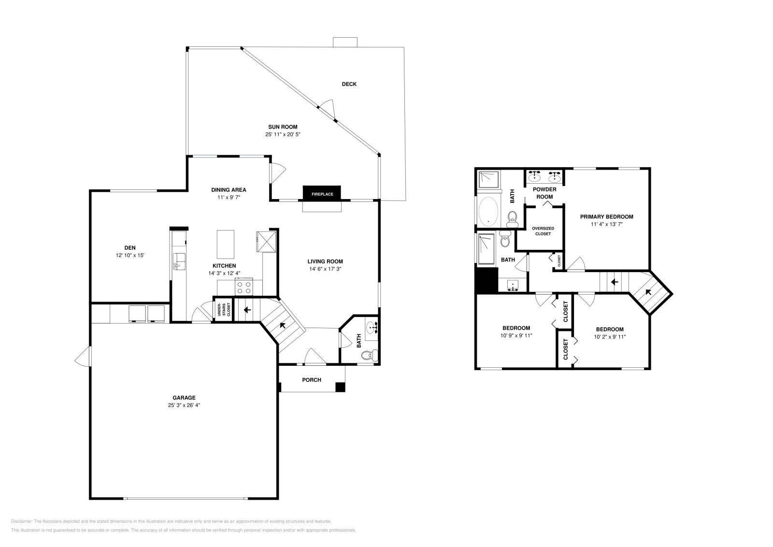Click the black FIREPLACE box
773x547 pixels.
(x=322, y=193)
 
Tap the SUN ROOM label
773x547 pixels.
(x=283, y=127)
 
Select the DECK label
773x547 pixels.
(x=349, y=84)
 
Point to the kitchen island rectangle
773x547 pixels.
(x=225, y=245)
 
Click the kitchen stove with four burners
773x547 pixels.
(x=244, y=288)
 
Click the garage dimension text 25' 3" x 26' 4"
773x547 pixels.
(x=184, y=405)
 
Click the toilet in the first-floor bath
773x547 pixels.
(x=369, y=356)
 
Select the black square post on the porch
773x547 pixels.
(x=341, y=387)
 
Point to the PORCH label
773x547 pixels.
(x=312, y=380)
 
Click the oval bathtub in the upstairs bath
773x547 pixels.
(x=488, y=212)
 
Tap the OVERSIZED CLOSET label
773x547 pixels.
(x=543, y=231)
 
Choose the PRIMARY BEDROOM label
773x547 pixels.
(x=606, y=217)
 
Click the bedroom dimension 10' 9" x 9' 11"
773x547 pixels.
(x=516, y=335)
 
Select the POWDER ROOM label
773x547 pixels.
(x=544, y=193)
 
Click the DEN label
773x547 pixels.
(x=130, y=248)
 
